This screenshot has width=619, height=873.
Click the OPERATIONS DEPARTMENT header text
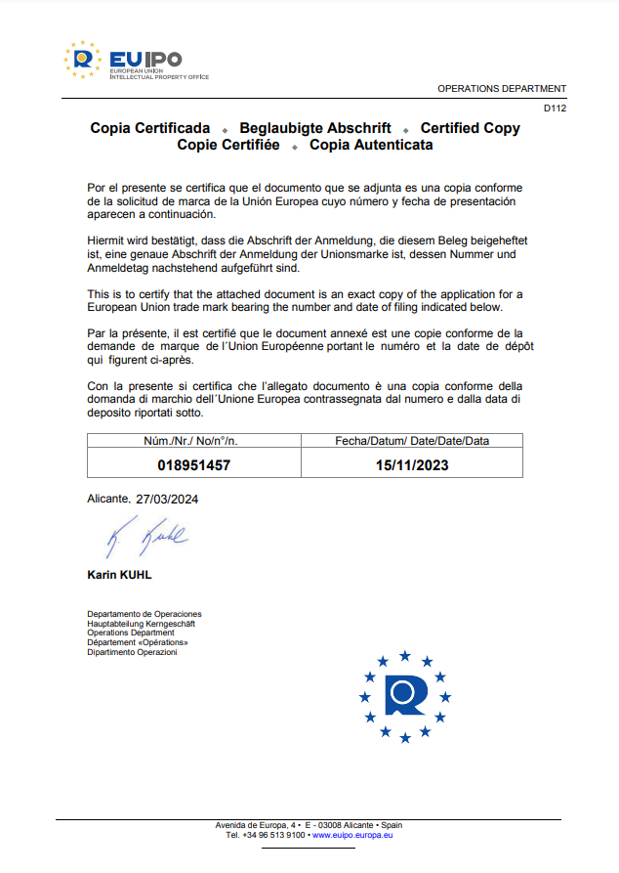501,88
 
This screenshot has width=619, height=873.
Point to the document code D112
555,109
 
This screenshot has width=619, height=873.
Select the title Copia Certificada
150,128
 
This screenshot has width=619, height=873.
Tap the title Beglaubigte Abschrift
315,128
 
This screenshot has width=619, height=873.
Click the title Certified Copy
470,128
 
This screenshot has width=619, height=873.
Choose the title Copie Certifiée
227,145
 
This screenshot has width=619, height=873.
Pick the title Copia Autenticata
371,145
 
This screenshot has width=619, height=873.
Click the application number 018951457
193,465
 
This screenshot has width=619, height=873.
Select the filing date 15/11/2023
412,465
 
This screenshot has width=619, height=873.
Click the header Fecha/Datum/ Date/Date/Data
412,441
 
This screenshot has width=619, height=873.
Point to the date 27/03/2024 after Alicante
168,499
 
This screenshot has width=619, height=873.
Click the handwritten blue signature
146,536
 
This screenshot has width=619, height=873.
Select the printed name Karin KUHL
119,575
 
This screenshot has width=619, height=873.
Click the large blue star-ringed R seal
405,695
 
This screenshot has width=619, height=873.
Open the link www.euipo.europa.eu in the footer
352,836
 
